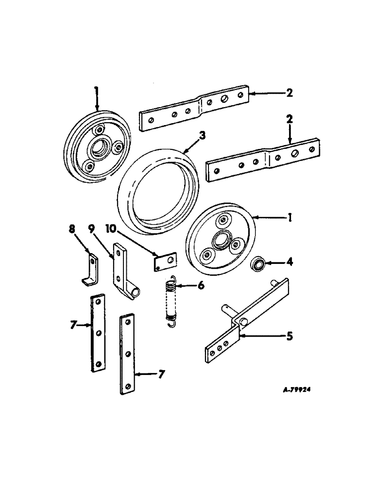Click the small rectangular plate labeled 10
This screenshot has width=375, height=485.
pos(162,263)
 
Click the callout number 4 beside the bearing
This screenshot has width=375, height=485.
pos(290,263)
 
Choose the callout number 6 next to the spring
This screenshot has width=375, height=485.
pos(201,285)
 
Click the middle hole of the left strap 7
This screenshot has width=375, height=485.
pos(98,333)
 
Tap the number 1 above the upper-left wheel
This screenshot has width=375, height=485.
pos(96,90)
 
